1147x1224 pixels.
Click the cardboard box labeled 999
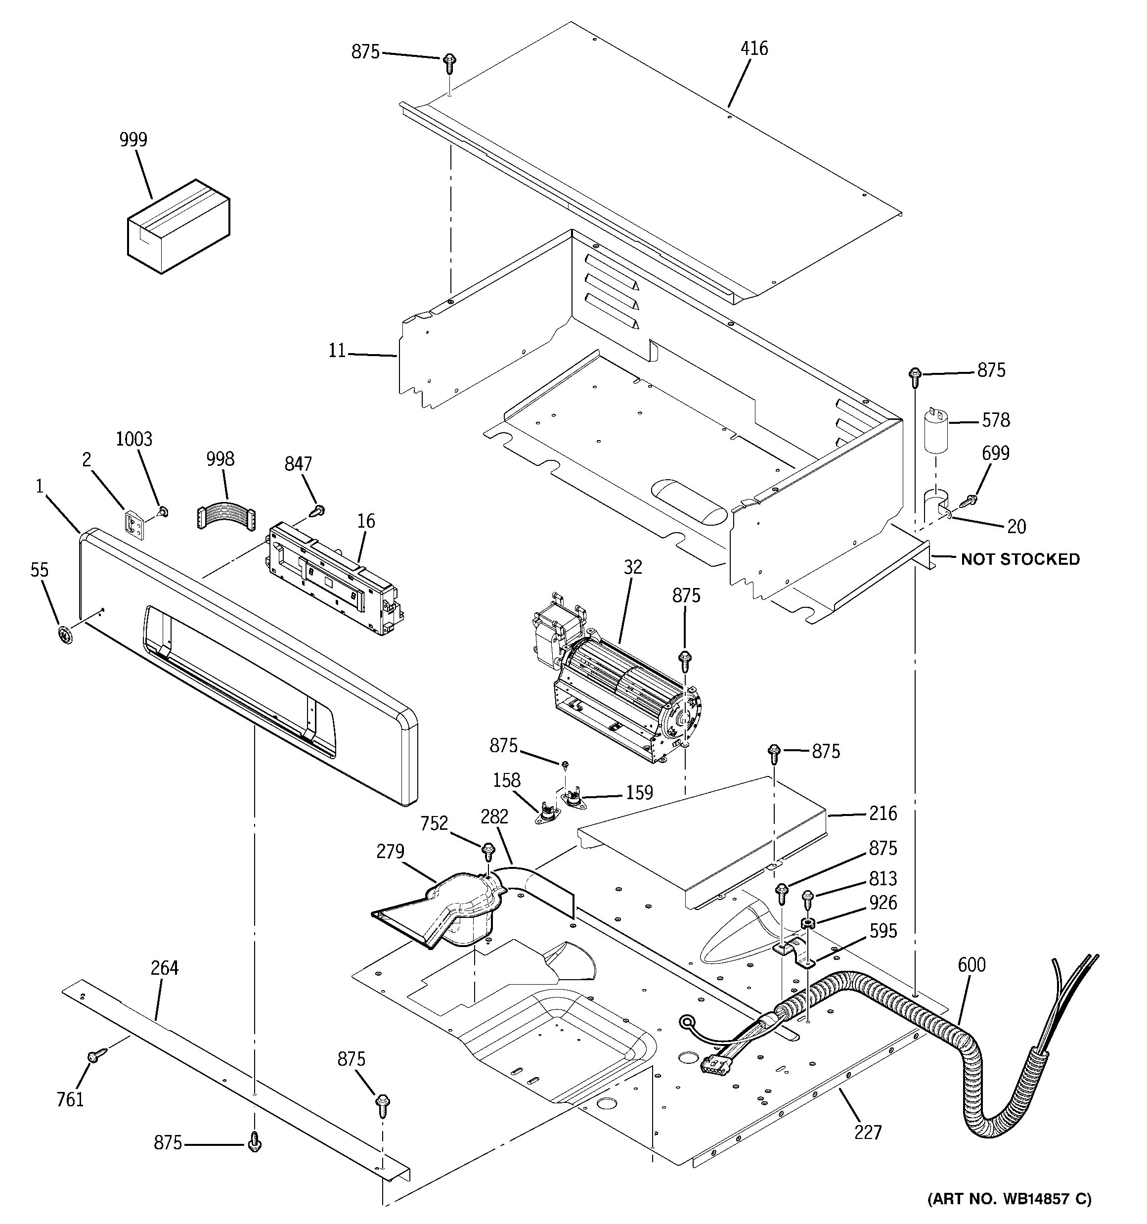[x=178, y=227]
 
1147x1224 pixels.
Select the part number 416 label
[x=754, y=48]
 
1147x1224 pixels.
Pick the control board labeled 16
[x=332, y=578]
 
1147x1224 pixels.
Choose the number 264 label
[x=164, y=968]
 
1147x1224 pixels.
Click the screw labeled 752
[x=487, y=852]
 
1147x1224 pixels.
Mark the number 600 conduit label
[x=971, y=964]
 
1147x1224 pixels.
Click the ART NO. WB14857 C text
[x=1009, y=1198]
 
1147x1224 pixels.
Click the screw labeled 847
[x=319, y=509]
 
